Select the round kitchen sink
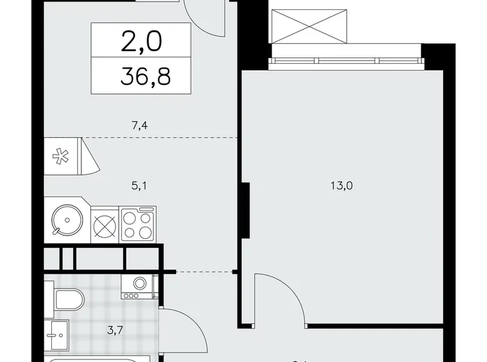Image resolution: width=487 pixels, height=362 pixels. (x=64, y=220)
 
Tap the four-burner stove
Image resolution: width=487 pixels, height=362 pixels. (x=137, y=224)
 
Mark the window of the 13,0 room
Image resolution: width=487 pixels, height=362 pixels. (x=347, y=61)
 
